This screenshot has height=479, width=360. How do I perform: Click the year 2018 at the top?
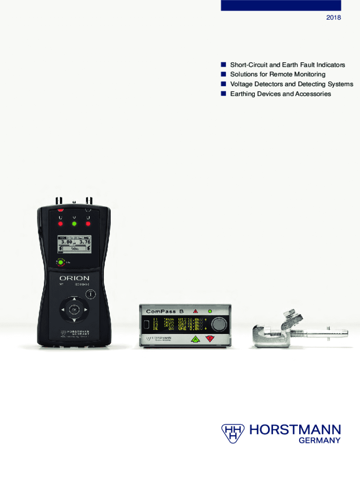[334, 18]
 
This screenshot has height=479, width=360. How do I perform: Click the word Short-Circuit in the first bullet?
[248, 65]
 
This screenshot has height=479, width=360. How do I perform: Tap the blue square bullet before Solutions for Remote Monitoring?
[223, 74]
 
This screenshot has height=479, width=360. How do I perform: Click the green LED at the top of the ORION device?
[74, 224]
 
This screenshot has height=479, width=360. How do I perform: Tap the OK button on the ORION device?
[74, 309]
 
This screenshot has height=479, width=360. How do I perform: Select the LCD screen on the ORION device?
[74, 244]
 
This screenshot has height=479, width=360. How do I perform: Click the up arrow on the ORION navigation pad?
[74, 298]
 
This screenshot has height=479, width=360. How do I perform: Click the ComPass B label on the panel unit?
[166, 311]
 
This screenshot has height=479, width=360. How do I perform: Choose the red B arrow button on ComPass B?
[210, 340]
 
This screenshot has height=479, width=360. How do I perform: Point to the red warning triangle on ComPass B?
[195, 311]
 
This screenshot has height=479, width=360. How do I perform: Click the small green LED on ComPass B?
[209, 311]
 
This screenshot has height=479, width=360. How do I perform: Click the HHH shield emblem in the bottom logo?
[232, 433]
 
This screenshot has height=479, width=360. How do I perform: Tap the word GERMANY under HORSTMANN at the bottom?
[323, 441]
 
